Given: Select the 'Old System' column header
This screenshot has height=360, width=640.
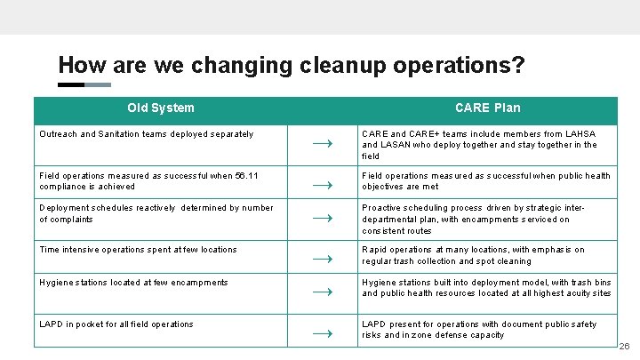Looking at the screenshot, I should click(x=160, y=108).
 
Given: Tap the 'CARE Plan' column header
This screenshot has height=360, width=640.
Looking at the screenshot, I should click(x=487, y=108).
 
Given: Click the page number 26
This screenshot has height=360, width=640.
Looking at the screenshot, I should click(x=624, y=346).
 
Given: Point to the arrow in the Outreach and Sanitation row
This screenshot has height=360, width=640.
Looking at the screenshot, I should click(x=324, y=143).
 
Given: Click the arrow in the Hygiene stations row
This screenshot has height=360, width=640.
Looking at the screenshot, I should click(x=324, y=292).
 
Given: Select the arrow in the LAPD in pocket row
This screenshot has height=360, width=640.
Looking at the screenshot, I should click(x=324, y=333).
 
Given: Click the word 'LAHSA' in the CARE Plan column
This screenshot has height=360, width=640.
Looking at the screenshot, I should click(x=580, y=134).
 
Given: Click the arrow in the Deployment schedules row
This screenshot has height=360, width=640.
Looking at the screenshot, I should click(x=324, y=218).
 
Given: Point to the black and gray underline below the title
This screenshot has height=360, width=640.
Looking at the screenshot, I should click(x=84, y=85).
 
